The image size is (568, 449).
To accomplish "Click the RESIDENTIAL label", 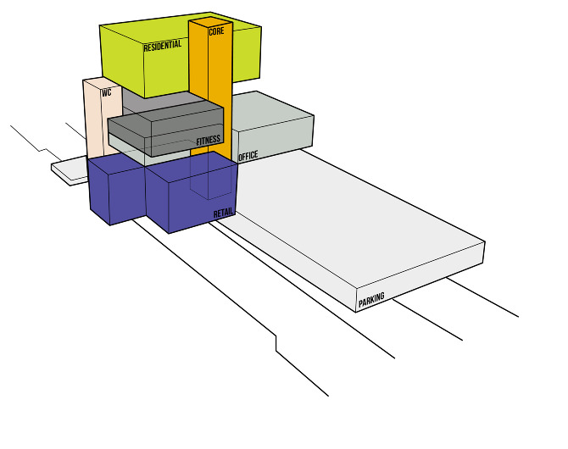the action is pos(163,46).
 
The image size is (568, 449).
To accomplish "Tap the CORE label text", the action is pos(216,31).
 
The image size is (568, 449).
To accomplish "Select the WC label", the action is pos(107,92).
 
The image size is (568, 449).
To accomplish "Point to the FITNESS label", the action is pos(209,140).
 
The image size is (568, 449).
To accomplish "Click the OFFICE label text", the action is pos(248,156).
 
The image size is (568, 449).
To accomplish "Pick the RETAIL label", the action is pos(223,213).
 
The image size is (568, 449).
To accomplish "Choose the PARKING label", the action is pos(371,300).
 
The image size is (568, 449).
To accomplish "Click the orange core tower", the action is pos(210,91).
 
